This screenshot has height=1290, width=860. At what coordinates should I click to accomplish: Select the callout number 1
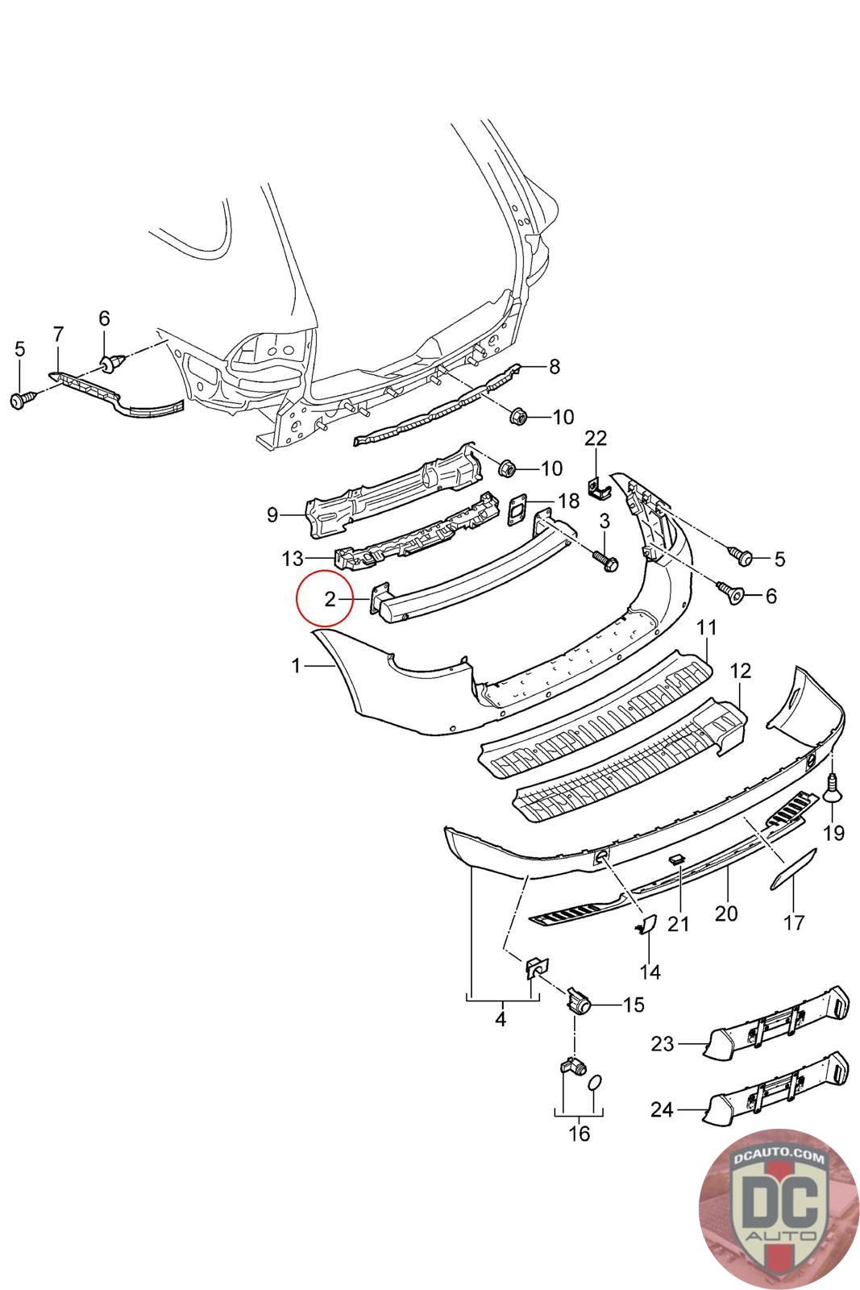[x=297, y=666]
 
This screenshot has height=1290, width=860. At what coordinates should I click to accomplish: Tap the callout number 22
[x=596, y=439]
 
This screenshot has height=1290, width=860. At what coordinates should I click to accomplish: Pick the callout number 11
[x=707, y=626]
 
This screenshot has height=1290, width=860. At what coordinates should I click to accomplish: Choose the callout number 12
[x=740, y=670]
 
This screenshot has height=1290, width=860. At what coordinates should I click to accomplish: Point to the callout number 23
[x=663, y=1044]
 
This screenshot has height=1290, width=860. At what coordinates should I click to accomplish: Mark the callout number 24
[x=663, y=1110]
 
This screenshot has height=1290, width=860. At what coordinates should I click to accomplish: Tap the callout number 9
[x=272, y=514]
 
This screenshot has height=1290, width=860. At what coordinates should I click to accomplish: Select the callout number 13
[x=293, y=558]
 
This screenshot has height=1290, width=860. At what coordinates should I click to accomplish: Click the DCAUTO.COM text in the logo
[x=779, y=1159]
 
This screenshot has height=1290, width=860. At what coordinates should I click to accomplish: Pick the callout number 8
[x=554, y=368]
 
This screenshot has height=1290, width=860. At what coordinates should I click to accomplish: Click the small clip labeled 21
[x=677, y=862]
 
